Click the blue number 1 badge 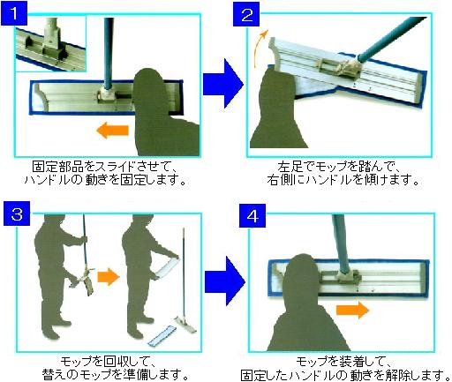point(14,13)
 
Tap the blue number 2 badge point(246,14)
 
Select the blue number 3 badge point(17,213)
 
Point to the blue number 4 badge point(252,215)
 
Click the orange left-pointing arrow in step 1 point(112,131)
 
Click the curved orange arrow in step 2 point(260,48)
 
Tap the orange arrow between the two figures point(109,276)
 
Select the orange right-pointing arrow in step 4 point(352,310)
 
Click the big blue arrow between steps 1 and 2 point(223,83)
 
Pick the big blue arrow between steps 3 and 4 point(225,281)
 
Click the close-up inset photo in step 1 point(50,43)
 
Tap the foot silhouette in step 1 point(164,113)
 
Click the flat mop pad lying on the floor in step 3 point(162,335)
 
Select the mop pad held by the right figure point(167,267)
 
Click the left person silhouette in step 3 point(60,275)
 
